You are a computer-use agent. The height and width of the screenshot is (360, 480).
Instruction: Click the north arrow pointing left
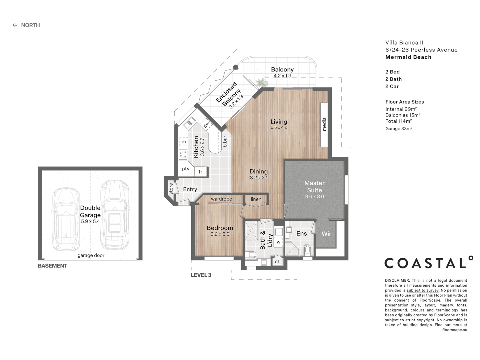point(15,25)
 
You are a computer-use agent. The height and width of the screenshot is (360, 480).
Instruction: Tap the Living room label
point(279,122)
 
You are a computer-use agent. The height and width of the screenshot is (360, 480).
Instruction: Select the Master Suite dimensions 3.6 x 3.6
point(314,197)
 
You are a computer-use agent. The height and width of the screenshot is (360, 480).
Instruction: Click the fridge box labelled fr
point(201,172)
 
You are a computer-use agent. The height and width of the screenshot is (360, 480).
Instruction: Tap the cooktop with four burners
point(183,155)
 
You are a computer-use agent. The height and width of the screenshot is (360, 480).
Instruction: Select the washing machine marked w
point(278,242)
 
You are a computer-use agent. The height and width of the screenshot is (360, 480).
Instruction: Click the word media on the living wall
point(324,124)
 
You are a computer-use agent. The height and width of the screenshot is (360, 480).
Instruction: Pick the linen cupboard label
point(256,199)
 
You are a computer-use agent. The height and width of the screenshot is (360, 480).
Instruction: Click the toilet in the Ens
point(307,250)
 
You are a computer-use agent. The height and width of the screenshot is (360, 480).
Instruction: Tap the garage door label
point(91,255)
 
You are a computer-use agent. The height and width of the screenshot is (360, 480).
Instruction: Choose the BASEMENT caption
point(52,266)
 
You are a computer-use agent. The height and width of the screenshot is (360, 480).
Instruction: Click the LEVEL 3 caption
point(201,275)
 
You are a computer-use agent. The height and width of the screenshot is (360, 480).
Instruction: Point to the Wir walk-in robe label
point(326,234)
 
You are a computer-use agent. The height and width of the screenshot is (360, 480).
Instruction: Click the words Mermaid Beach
point(408,57)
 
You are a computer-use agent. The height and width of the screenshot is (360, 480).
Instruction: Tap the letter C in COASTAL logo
point(391,263)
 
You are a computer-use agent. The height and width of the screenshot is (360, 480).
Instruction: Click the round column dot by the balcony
point(235,67)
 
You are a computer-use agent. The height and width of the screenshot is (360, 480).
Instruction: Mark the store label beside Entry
point(171,189)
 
